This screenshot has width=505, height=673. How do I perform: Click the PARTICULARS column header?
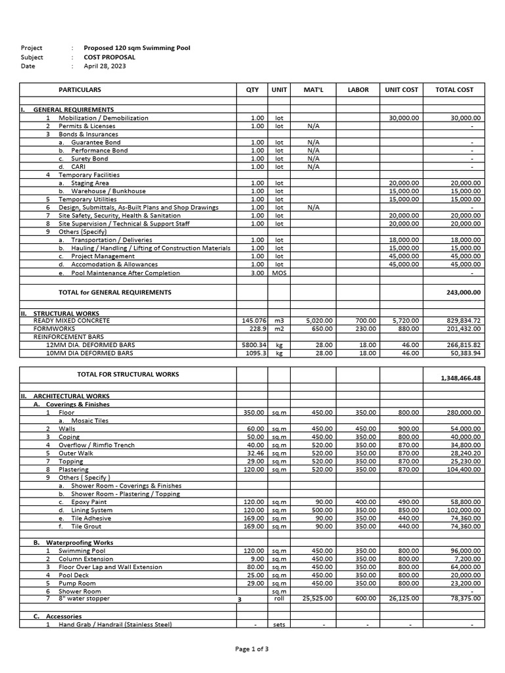click(x=80, y=89)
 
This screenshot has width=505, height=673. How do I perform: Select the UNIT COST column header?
click(x=401, y=89)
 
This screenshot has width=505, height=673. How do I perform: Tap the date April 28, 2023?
click(x=105, y=66)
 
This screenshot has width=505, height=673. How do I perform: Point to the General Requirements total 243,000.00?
click(x=464, y=292)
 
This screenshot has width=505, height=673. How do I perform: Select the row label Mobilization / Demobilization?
click(x=103, y=118)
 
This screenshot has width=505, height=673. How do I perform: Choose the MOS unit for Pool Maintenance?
click(x=279, y=273)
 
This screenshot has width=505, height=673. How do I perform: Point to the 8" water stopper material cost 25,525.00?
click(x=318, y=599)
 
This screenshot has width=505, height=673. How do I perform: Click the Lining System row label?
click(x=92, y=510)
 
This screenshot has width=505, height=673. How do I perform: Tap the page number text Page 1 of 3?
click(x=252, y=649)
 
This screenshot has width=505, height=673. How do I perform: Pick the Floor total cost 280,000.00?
click(x=464, y=413)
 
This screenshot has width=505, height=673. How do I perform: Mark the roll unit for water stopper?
click(x=279, y=599)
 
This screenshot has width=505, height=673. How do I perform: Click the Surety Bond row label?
click(x=89, y=159)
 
